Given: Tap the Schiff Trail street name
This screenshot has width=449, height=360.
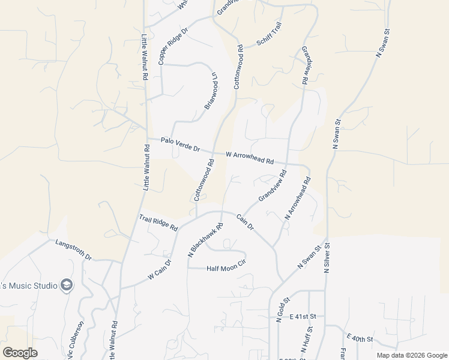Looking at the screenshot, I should (269, 38).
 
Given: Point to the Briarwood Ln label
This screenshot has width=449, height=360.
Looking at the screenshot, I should (211, 91).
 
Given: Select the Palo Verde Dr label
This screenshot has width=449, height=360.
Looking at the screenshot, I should (180, 144).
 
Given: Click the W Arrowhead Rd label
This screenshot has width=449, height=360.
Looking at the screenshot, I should (250, 158).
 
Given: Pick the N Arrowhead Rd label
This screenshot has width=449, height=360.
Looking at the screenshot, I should (298, 199).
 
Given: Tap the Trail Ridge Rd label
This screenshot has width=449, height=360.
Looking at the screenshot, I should (158, 223).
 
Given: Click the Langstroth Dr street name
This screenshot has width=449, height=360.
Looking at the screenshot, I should (73, 250).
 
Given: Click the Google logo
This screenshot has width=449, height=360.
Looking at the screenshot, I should (20, 352).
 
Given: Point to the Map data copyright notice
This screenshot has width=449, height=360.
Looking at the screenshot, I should (411, 355).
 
